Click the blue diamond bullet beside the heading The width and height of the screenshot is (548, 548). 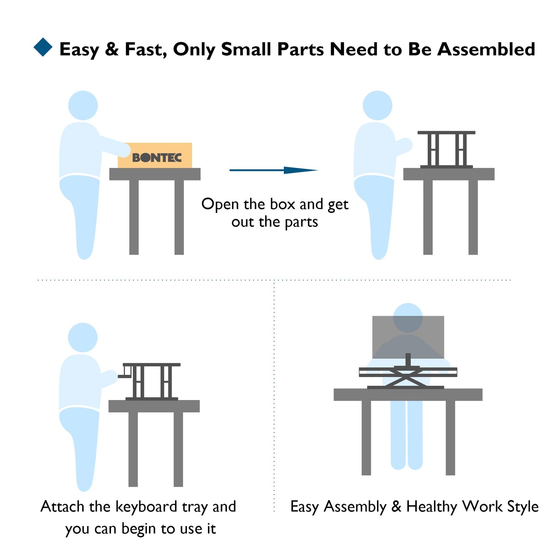(43, 47)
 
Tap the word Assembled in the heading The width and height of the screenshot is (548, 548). (486, 49)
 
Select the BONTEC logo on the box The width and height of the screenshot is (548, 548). (157, 158)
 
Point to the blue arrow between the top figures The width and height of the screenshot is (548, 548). (274, 170)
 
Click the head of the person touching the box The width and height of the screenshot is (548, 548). (83, 106)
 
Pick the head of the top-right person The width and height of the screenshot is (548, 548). (377, 106)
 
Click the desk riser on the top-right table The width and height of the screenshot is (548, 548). (446, 149)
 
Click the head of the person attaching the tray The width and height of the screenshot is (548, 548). (83, 338)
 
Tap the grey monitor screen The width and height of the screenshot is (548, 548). (408, 337)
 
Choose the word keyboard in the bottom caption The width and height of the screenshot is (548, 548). (146, 507)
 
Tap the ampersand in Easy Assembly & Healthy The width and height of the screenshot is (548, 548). (396, 507)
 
